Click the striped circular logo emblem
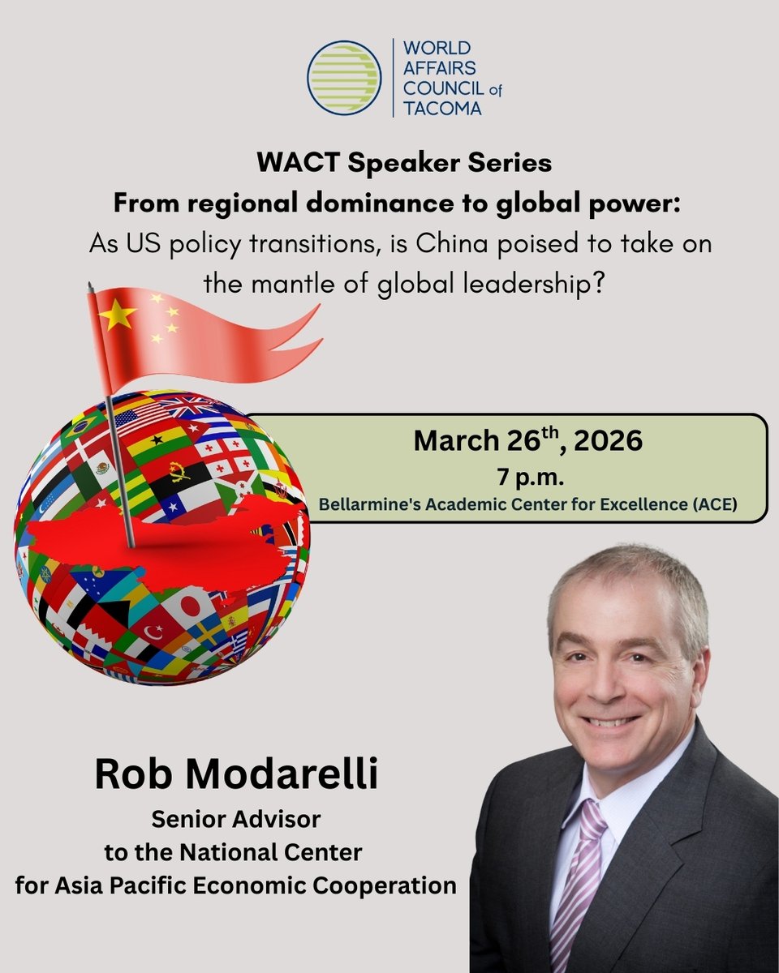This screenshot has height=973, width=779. [x=344, y=77]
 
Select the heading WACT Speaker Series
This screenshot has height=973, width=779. [x=404, y=162]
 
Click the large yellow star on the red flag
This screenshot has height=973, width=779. [x=118, y=315]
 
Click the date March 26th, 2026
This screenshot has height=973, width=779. [x=527, y=441]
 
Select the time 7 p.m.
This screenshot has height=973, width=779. [x=527, y=475]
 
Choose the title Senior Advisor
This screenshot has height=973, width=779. [x=235, y=820]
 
